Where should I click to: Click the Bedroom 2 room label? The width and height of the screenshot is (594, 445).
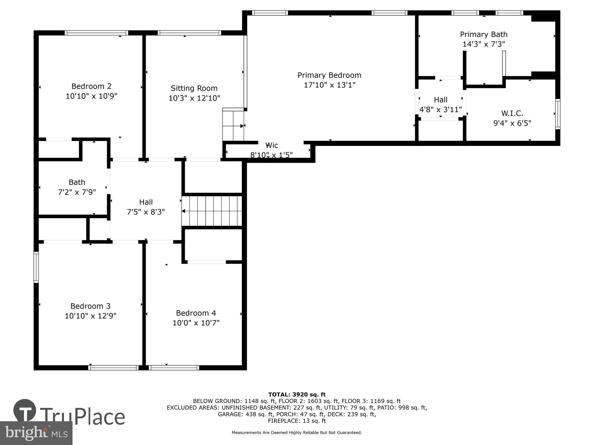91,86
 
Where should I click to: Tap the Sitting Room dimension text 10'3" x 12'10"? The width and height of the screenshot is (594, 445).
194,98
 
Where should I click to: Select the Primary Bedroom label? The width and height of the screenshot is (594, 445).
329,75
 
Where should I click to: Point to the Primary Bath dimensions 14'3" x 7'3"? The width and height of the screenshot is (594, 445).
483,44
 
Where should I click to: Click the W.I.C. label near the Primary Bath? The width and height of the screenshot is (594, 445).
512,113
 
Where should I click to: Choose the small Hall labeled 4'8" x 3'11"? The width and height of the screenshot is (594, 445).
440,105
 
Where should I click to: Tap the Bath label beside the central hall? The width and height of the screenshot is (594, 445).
77,182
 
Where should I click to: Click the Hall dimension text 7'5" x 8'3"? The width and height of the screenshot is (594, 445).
146,212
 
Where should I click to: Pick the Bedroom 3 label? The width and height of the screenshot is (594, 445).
90,306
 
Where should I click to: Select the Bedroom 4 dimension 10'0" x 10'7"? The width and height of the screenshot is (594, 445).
196,323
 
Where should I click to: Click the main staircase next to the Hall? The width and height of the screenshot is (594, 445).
212,211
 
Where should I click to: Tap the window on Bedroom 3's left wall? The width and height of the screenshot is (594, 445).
36,267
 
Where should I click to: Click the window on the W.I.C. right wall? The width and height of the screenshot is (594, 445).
557,114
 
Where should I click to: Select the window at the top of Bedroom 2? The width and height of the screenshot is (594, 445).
96,33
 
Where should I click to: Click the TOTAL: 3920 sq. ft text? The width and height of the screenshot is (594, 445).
297,394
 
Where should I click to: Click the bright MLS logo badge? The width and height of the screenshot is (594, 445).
36,433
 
